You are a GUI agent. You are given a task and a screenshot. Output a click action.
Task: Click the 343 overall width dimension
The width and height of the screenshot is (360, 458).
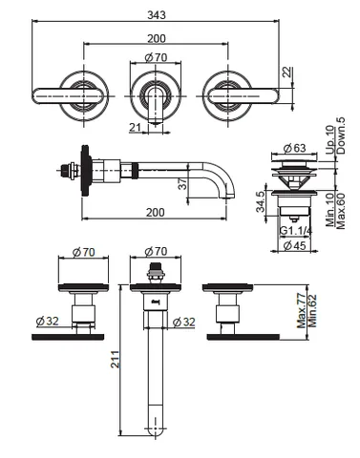tap(157, 15)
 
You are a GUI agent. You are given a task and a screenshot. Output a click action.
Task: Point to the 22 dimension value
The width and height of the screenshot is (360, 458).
tap(287, 73)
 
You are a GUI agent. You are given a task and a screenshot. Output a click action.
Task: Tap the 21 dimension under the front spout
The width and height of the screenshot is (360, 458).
tap(135, 127)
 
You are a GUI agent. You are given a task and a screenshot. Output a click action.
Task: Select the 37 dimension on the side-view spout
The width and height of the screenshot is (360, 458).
tap(182, 183)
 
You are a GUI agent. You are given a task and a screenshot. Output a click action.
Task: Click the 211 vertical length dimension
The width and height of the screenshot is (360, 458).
tap(115, 360)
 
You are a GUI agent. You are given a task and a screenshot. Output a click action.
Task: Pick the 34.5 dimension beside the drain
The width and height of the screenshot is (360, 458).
tap(261, 201)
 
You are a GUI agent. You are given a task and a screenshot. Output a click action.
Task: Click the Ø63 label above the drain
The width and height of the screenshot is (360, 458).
tap(294, 148)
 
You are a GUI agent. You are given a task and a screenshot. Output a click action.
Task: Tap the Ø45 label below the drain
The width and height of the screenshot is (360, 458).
tap(294, 245)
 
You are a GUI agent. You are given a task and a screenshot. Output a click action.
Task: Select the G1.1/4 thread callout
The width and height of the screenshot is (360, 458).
tap(295, 231)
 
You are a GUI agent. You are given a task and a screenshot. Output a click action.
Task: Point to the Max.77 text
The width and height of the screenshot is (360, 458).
tap(301, 311)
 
